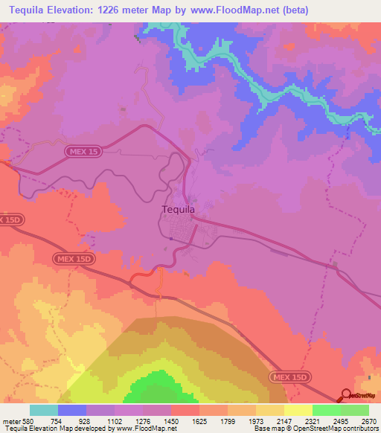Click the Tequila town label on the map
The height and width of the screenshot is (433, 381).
click(x=179, y=210)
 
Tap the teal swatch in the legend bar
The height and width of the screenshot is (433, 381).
click(x=43, y=410)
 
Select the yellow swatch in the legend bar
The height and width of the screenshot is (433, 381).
click(x=298, y=410)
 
